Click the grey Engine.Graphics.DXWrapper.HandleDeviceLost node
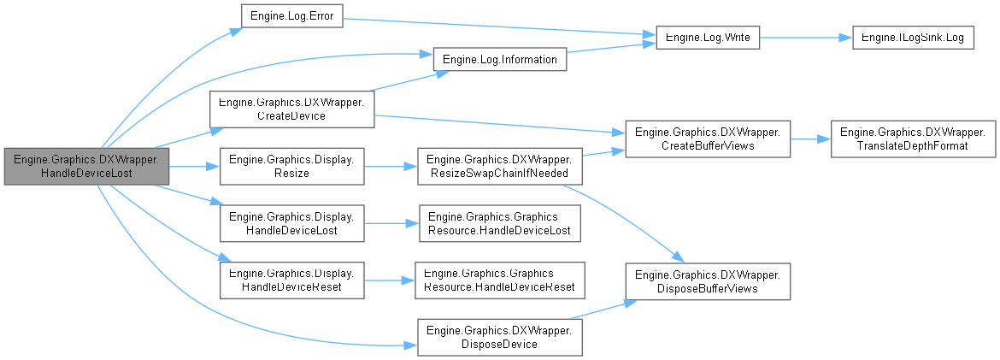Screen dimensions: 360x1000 [x=86, y=165]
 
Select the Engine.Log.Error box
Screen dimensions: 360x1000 [x=291, y=16]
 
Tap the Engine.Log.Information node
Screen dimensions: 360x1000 [x=500, y=60]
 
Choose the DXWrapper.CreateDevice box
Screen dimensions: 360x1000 [x=291, y=109]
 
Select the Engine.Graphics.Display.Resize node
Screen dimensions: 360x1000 [x=291, y=165]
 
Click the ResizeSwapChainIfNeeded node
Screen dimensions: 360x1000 [x=500, y=165]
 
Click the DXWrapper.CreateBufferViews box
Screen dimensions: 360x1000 [x=708, y=138]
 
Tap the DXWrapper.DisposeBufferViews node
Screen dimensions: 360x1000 [x=708, y=281]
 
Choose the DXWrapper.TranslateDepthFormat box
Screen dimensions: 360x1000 [x=913, y=138]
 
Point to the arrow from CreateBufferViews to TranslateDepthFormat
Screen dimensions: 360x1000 [x=810, y=138]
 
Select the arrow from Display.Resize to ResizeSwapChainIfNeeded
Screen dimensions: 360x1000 [x=390, y=165]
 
